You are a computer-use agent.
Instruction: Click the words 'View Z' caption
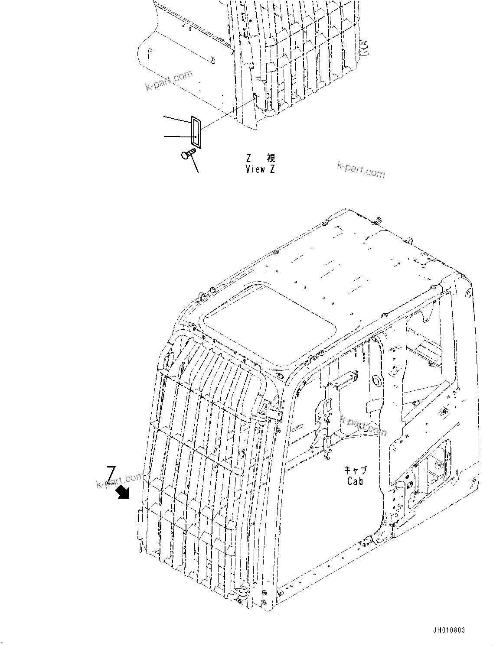click(260, 169)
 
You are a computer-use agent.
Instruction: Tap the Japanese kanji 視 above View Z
click(271, 158)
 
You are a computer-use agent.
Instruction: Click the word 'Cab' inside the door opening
click(355, 481)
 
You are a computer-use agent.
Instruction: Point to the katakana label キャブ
click(356, 471)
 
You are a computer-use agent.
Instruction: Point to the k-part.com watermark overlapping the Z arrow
click(120, 480)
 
